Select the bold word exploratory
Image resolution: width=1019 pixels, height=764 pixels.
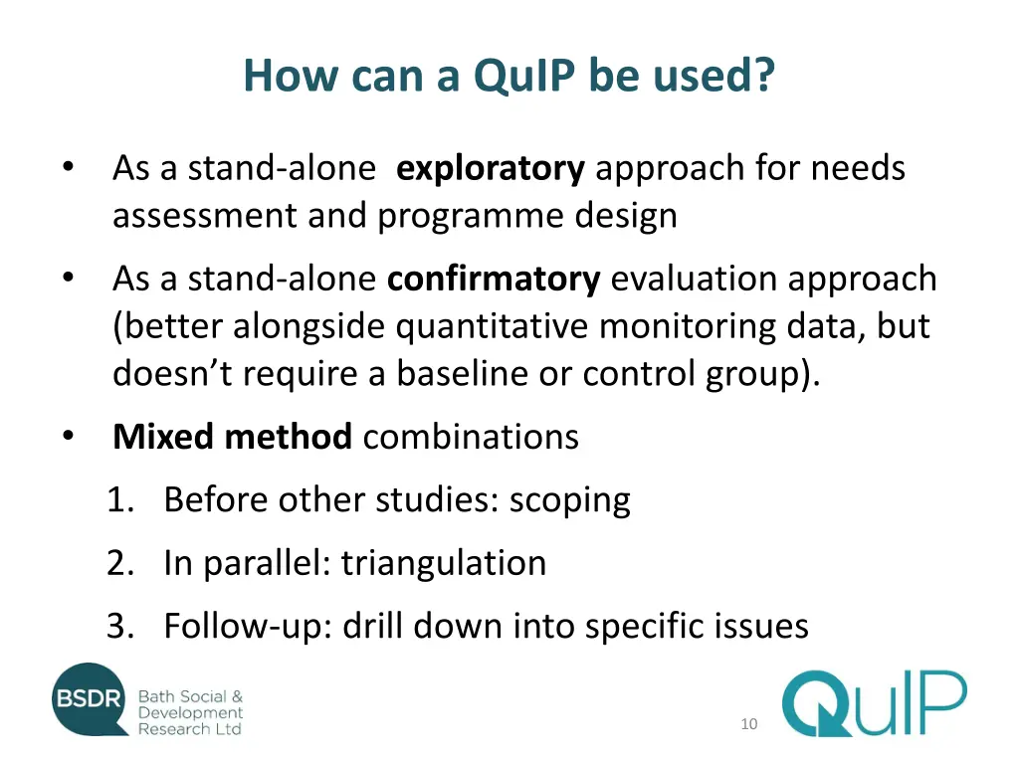[x=490, y=169]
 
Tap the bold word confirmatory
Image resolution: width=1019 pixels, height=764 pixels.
[x=494, y=280]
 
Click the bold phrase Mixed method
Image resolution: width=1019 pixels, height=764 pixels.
[x=232, y=437]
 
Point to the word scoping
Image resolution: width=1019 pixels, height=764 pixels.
[x=569, y=500]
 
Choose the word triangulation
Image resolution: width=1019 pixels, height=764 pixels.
[x=444, y=563]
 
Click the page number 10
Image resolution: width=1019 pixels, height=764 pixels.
[x=748, y=724]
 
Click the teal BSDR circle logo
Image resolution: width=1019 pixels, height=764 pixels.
[x=90, y=700]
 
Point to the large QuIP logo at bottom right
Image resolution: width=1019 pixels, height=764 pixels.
[x=873, y=703]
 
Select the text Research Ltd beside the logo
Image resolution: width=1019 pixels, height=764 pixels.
[x=189, y=729]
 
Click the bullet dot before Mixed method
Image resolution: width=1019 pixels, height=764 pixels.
[x=67, y=436]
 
